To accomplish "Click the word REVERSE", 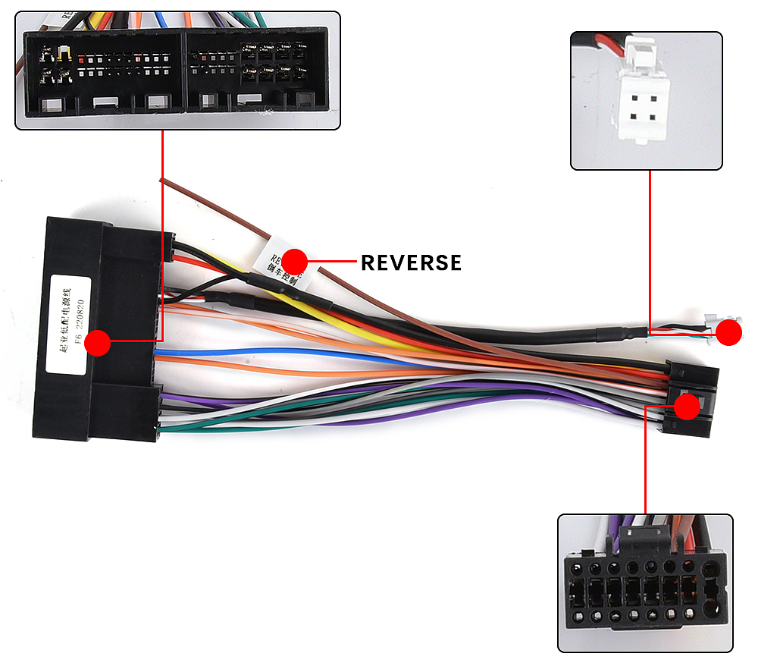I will (x=411, y=262).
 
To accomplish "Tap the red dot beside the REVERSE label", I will (x=295, y=260).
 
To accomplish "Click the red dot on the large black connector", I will (x=97, y=343).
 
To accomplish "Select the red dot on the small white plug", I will (x=729, y=333).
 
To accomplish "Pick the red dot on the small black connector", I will (x=687, y=407).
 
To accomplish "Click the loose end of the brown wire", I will (x=163, y=181).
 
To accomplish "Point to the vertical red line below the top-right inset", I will (x=650, y=250).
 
